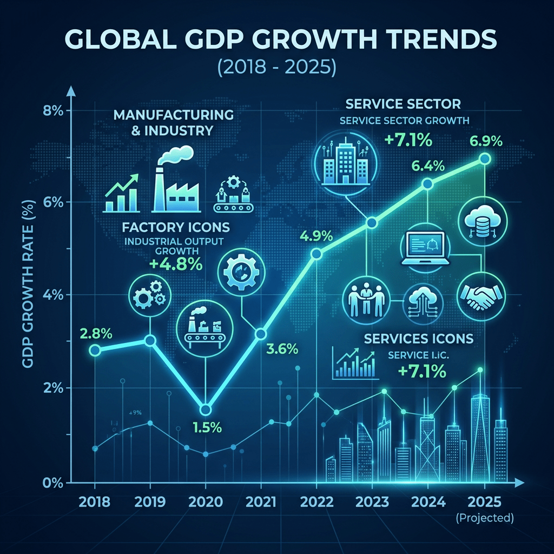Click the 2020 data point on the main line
206,410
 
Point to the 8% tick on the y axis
53,111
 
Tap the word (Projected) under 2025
485,518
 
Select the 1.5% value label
207,427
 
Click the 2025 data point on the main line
485,159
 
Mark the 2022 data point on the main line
317,254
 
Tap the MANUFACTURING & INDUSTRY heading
173,123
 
